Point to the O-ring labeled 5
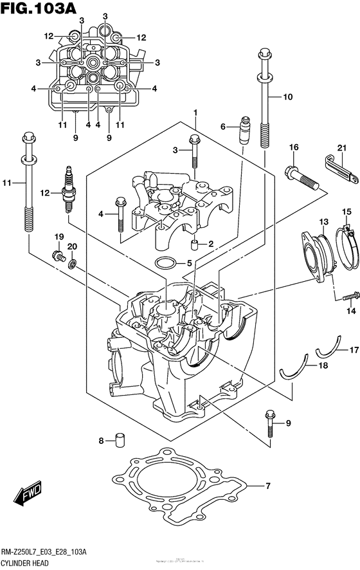[x=148, y=262]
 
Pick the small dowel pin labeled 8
[x=119, y=439]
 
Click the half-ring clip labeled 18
[x=291, y=370]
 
